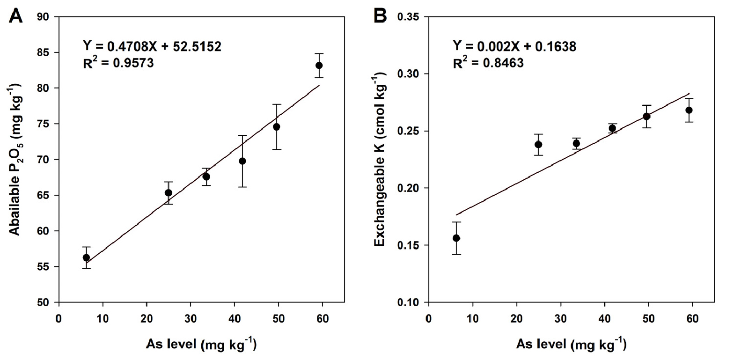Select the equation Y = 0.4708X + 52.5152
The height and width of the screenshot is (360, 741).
point(152,46)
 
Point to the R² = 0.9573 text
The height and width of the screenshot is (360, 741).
point(118,63)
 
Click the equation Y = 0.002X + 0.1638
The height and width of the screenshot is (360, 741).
point(514,46)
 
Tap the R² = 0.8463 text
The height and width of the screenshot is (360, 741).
point(488,63)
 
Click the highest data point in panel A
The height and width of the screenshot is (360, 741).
point(319,66)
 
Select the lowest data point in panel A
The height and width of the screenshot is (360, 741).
point(86,257)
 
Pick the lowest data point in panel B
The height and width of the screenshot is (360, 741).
point(456,238)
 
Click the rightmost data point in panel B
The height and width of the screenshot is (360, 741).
point(689,110)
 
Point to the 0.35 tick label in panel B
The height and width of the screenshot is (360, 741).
point(408,17)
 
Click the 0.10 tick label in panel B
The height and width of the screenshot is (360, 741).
point(408,302)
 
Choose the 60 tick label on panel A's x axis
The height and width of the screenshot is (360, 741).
point(323,319)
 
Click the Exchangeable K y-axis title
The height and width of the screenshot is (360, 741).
point(380,159)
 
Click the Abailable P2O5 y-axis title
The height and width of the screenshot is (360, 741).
point(16,159)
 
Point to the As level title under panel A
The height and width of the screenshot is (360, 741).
point(201,345)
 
